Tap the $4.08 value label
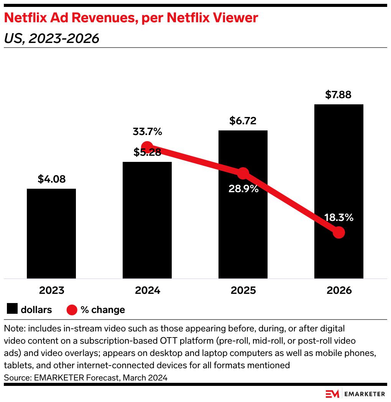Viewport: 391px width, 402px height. (x=51, y=179)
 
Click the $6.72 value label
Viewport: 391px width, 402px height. (x=243, y=121)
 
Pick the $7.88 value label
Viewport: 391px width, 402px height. (x=338, y=95)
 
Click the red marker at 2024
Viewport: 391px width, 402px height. (x=147, y=147)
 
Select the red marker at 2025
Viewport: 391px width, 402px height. (x=243, y=173)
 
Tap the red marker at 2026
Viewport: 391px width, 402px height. (x=338, y=232)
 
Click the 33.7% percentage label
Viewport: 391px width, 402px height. (x=148, y=132)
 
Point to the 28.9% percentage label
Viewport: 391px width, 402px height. (x=243, y=189)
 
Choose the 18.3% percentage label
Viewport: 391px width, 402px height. (x=338, y=218)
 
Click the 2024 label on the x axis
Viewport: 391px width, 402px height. (x=147, y=290)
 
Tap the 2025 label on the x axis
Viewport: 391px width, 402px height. (x=243, y=290)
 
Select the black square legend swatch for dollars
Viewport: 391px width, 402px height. (x=12, y=309)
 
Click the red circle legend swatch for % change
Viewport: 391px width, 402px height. (x=72, y=310)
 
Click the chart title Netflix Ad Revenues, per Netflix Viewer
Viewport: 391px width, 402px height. (x=131, y=18)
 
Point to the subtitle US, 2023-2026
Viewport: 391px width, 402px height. (x=51, y=38)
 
